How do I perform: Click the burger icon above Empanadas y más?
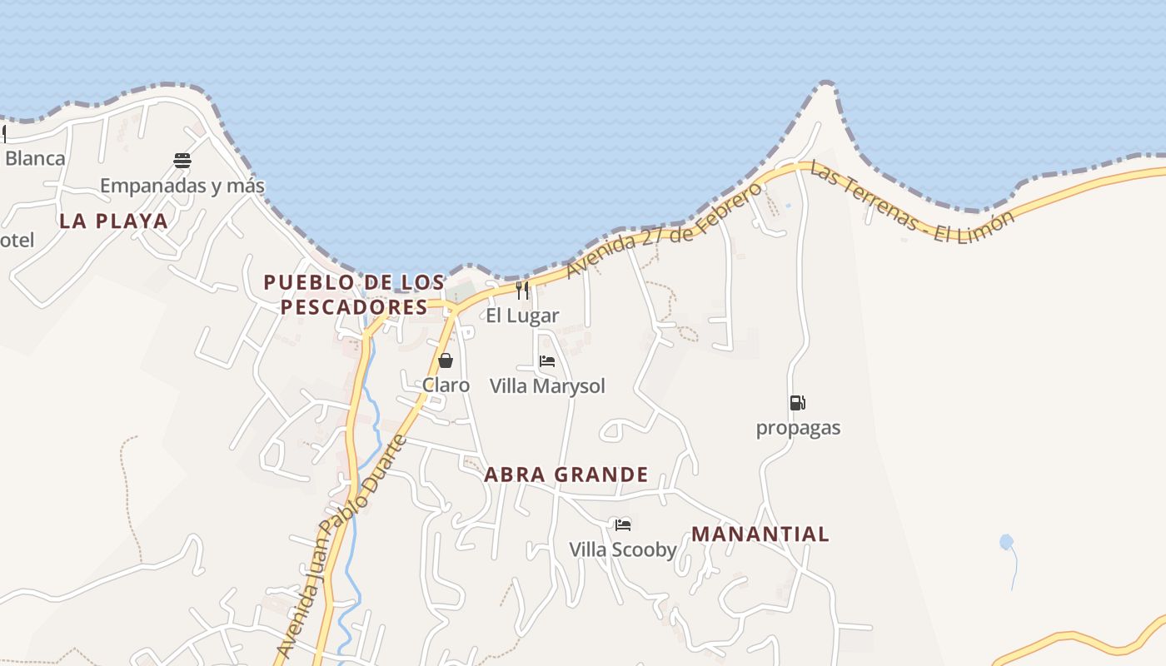tap(182, 161)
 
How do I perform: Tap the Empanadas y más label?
tap(182, 186)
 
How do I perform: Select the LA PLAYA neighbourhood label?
tap(113, 221)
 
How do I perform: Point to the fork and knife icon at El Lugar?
tap(522, 290)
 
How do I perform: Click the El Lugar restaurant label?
tap(522, 316)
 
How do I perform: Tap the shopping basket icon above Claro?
tap(446, 360)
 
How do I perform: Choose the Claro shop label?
tap(446, 385)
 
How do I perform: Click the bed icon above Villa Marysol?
tap(547, 361)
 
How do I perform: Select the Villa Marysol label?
tap(547, 386)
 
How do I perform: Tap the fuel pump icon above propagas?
tap(798, 403)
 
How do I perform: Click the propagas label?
tap(798, 428)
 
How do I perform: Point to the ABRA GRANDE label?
tap(566, 475)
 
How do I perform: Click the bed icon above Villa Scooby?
tap(623, 524)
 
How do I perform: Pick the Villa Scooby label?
tap(623, 550)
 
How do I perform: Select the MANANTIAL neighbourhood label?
tap(760, 534)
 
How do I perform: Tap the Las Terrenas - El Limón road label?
tap(913, 203)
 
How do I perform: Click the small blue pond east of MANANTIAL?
tap(1006, 542)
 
